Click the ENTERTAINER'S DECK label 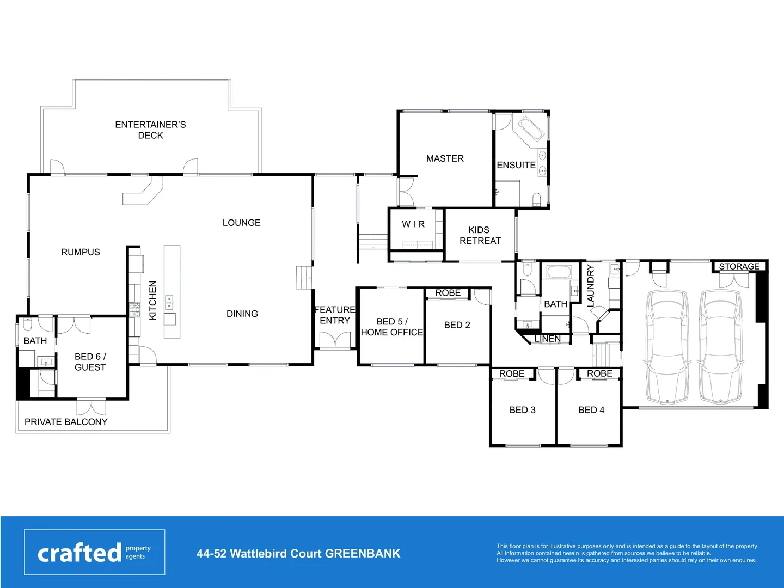point(150,130)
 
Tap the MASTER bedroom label point(445,158)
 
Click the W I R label point(413,224)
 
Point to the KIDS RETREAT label point(480,235)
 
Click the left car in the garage point(667,347)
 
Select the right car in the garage point(721,347)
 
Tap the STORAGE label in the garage point(739,266)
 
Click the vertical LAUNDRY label point(591,286)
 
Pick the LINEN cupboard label point(547,339)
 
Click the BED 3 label point(522,410)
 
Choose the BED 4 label point(591,410)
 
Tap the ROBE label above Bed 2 point(448,293)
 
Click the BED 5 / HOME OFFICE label point(391,327)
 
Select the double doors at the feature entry point(335,340)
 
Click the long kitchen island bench point(172,291)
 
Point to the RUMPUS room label point(81,252)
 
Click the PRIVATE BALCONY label point(66,422)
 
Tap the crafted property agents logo point(95,552)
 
